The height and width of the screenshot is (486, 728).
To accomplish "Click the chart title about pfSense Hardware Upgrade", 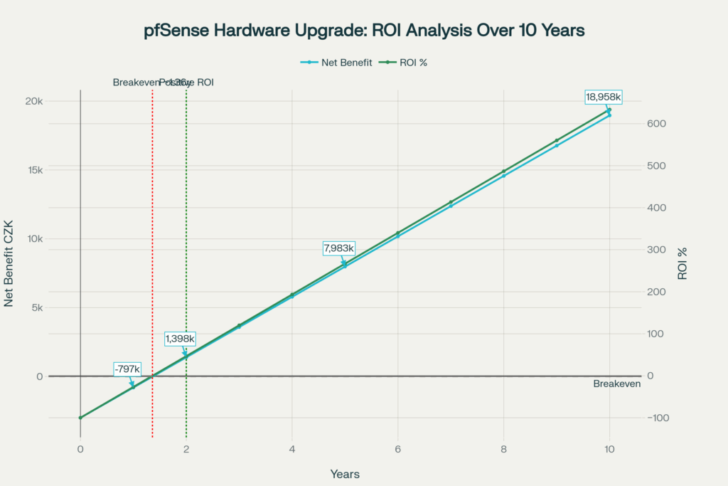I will (363, 31).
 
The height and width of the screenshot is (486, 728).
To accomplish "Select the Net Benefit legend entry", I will (341, 63).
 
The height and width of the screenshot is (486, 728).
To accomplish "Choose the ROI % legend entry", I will (408, 63).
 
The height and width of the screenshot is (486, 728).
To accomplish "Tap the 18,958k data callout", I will (604, 97).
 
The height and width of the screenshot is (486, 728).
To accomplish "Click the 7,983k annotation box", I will (339, 248).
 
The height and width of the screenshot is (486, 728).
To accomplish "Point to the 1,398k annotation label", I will (180, 339).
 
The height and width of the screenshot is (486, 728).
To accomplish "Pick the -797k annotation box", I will (128, 369).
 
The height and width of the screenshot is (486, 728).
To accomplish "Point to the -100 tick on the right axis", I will (658, 418).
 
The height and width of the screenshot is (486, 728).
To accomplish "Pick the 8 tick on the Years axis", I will (503, 449).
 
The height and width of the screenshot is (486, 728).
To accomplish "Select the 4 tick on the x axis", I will (291, 449).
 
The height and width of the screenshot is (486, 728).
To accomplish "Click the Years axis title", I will (345, 474).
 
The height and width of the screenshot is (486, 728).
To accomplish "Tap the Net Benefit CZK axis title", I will (10, 263).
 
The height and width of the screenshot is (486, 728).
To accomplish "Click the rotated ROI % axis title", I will (682, 263).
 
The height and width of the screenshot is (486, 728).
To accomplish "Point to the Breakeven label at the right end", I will (616, 384).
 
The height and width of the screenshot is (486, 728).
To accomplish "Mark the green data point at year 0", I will (80, 418).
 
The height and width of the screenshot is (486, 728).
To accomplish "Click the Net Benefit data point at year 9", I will (557, 145).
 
